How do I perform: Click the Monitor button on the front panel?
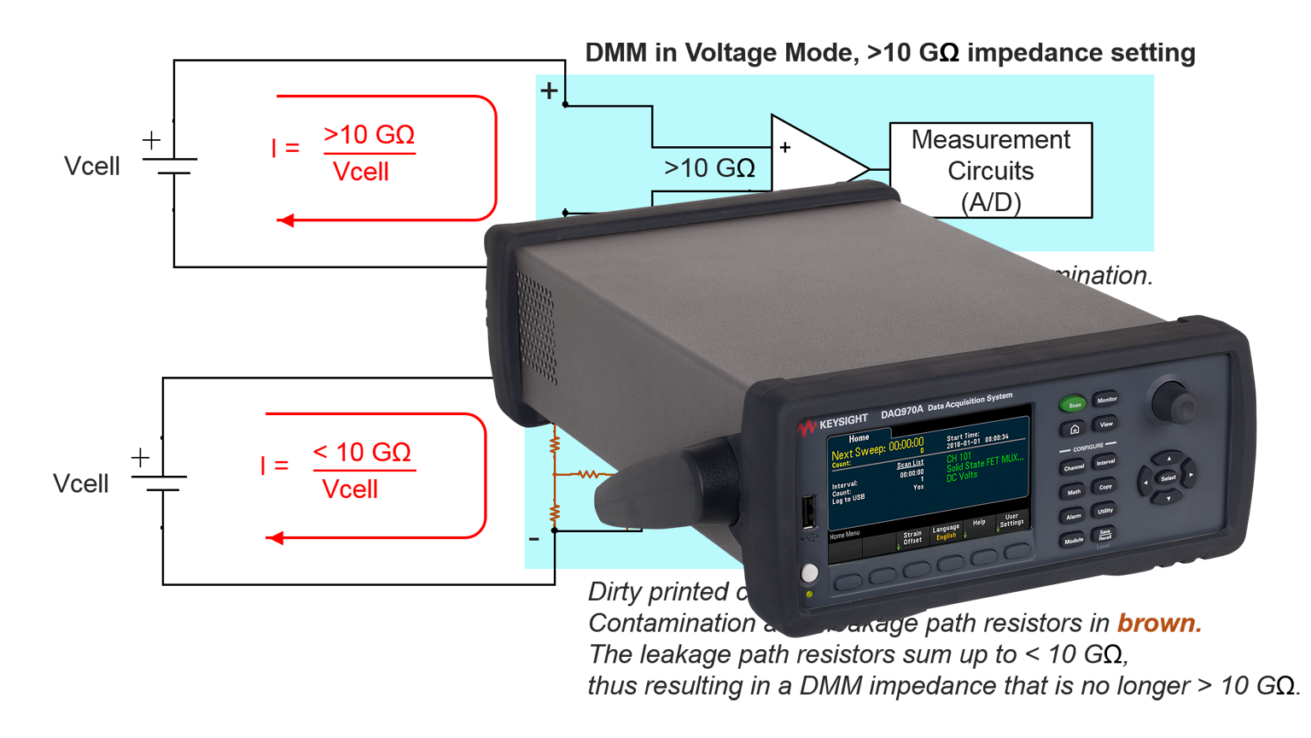click(x=1106, y=400)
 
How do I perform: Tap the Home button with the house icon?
click(x=1075, y=429)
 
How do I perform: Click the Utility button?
click(x=1105, y=511)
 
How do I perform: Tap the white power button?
click(x=809, y=572)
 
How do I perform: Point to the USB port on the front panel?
click(x=807, y=512)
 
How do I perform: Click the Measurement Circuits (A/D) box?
click(x=990, y=171)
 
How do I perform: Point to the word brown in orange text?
click(x=1158, y=624)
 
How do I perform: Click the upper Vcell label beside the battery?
click(x=91, y=167)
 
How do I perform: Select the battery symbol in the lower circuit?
click(x=160, y=482)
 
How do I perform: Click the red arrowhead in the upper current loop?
click(x=286, y=220)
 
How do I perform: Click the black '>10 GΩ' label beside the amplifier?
click(x=709, y=168)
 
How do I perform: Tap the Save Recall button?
click(x=1104, y=535)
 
